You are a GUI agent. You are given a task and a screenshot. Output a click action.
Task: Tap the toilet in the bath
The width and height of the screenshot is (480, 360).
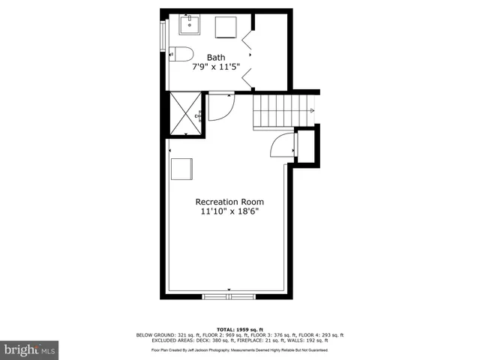pos(181,52)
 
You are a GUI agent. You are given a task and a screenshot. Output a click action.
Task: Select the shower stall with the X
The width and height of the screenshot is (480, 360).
pos(184,114)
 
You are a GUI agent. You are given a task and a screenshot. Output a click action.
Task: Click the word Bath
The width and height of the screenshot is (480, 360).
pos(217,57)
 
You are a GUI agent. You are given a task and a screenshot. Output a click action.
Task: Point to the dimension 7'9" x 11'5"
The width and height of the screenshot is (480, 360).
pos(217,67)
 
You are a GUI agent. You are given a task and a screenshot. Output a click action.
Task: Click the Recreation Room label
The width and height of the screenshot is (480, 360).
pos(229,202)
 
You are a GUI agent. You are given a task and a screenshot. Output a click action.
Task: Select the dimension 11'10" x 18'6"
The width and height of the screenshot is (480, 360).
pos(229,212)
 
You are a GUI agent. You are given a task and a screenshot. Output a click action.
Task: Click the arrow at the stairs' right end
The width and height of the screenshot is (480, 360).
pos(311,111)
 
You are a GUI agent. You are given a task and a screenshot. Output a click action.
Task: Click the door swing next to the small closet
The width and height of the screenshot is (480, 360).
pos(282,144)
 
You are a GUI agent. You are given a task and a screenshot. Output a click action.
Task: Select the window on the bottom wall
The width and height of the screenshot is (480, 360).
pos(229,297)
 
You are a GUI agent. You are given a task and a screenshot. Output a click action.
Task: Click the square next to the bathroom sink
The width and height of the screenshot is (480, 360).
pos(226,27)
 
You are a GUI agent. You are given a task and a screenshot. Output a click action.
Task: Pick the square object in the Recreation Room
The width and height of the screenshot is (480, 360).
pos(182,169)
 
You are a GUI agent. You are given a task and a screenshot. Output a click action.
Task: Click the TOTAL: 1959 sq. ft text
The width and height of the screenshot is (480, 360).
pos(239,329)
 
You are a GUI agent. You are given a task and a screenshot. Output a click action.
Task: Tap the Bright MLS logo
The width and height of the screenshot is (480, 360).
pos(29,349)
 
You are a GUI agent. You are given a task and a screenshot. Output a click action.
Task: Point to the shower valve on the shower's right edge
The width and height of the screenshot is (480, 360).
pos(199,115)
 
